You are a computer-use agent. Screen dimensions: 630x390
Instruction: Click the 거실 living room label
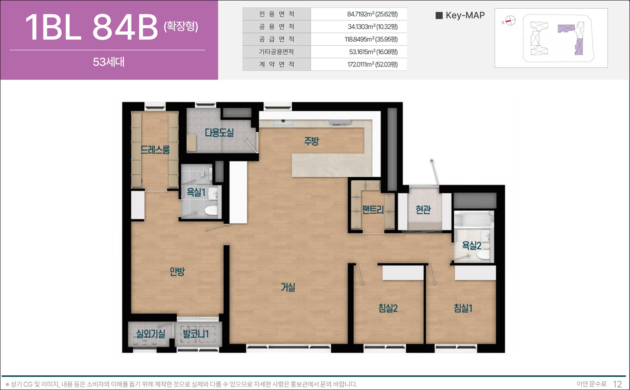[288, 288]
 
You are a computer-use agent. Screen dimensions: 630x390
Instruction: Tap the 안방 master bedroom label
[177, 271]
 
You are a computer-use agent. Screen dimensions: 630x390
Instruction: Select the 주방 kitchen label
[312, 141]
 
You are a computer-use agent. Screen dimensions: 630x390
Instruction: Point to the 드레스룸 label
[155, 149]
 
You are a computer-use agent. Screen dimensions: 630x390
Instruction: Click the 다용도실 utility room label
[219, 132]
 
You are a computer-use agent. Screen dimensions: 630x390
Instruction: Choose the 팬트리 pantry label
[373, 209]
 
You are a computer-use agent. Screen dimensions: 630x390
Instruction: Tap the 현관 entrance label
[423, 209]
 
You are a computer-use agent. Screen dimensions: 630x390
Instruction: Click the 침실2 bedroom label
[388, 308]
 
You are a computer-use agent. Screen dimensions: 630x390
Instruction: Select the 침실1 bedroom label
[463, 308]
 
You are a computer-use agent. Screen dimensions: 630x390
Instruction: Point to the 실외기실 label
[151, 334]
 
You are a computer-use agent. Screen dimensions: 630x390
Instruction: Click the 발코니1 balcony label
[196, 334]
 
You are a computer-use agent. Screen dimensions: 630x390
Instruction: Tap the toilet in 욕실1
[211, 210]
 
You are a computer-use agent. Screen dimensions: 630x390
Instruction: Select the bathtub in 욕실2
[474, 219]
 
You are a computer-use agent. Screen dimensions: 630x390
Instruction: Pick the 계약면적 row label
[276, 64]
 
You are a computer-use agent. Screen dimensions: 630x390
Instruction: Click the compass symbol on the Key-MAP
[510, 21]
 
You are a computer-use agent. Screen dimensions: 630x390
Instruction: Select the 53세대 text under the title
[109, 62]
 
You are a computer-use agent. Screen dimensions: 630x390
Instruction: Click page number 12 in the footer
[617, 384]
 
